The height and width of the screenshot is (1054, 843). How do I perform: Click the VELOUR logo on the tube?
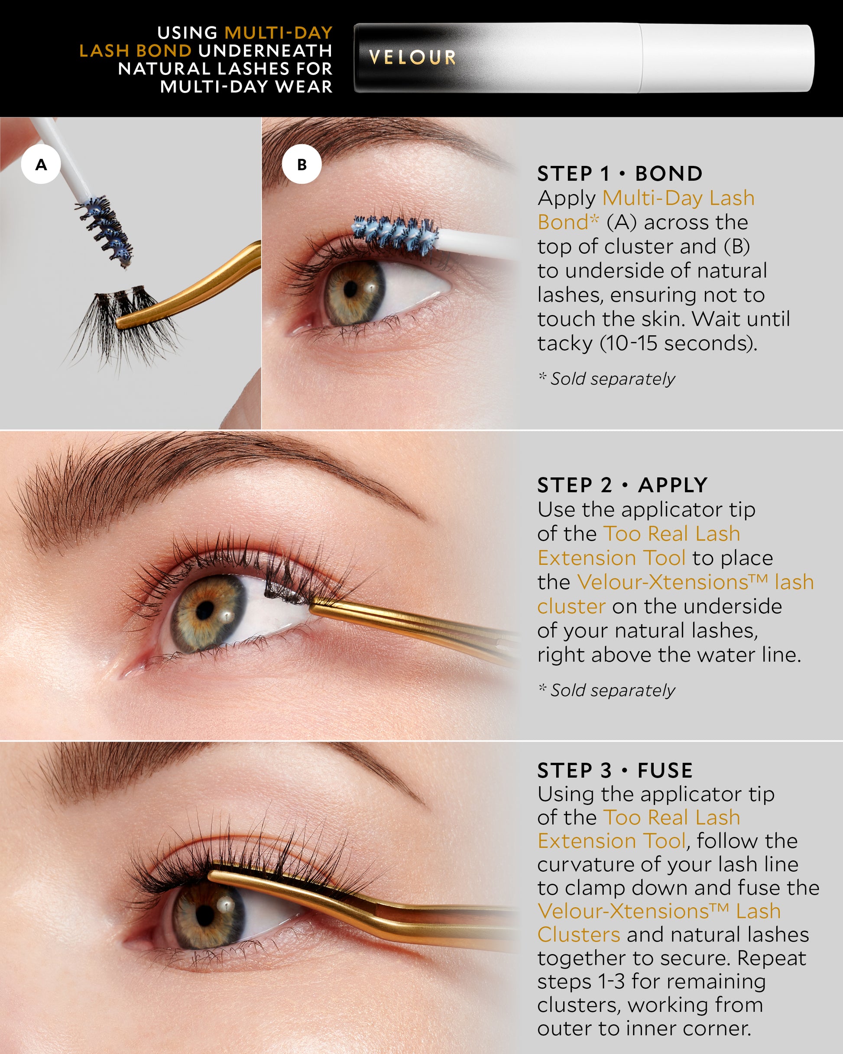[x=412, y=58]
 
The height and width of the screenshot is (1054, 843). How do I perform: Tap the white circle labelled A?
[x=41, y=164]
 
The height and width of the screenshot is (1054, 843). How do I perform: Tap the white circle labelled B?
[x=302, y=164]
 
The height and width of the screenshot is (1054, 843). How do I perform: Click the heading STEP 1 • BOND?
[x=619, y=174]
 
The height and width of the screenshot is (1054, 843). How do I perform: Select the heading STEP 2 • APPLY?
[x=622, y=485]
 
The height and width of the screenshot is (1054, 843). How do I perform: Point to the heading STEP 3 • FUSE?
[x=615, y=770]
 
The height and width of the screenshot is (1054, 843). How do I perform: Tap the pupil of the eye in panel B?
[x=350, y=289]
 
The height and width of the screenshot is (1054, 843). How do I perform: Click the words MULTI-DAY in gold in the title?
[x=278, y=33]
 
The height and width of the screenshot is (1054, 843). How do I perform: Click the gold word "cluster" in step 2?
[x=571, y=606]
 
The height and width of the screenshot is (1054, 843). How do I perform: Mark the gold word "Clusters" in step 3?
[x=578, y=934]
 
